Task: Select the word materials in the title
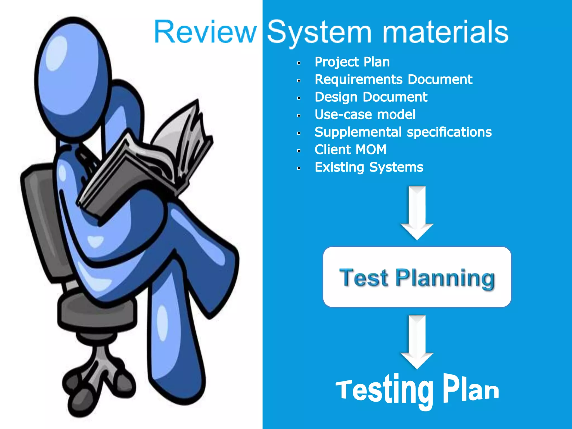[445, 32]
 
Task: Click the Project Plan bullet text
[352, 62]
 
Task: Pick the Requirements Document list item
[393, 80]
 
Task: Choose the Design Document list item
[371, 97]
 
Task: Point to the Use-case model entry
[365, 115]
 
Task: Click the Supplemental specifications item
[403, 132]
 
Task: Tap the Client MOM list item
[350, 150]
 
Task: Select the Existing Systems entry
[369, 167]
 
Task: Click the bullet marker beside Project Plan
[299, 63]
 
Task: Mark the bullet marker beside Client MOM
[299, 151]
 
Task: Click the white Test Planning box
[417, 277]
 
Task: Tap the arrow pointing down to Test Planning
[417, 212]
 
